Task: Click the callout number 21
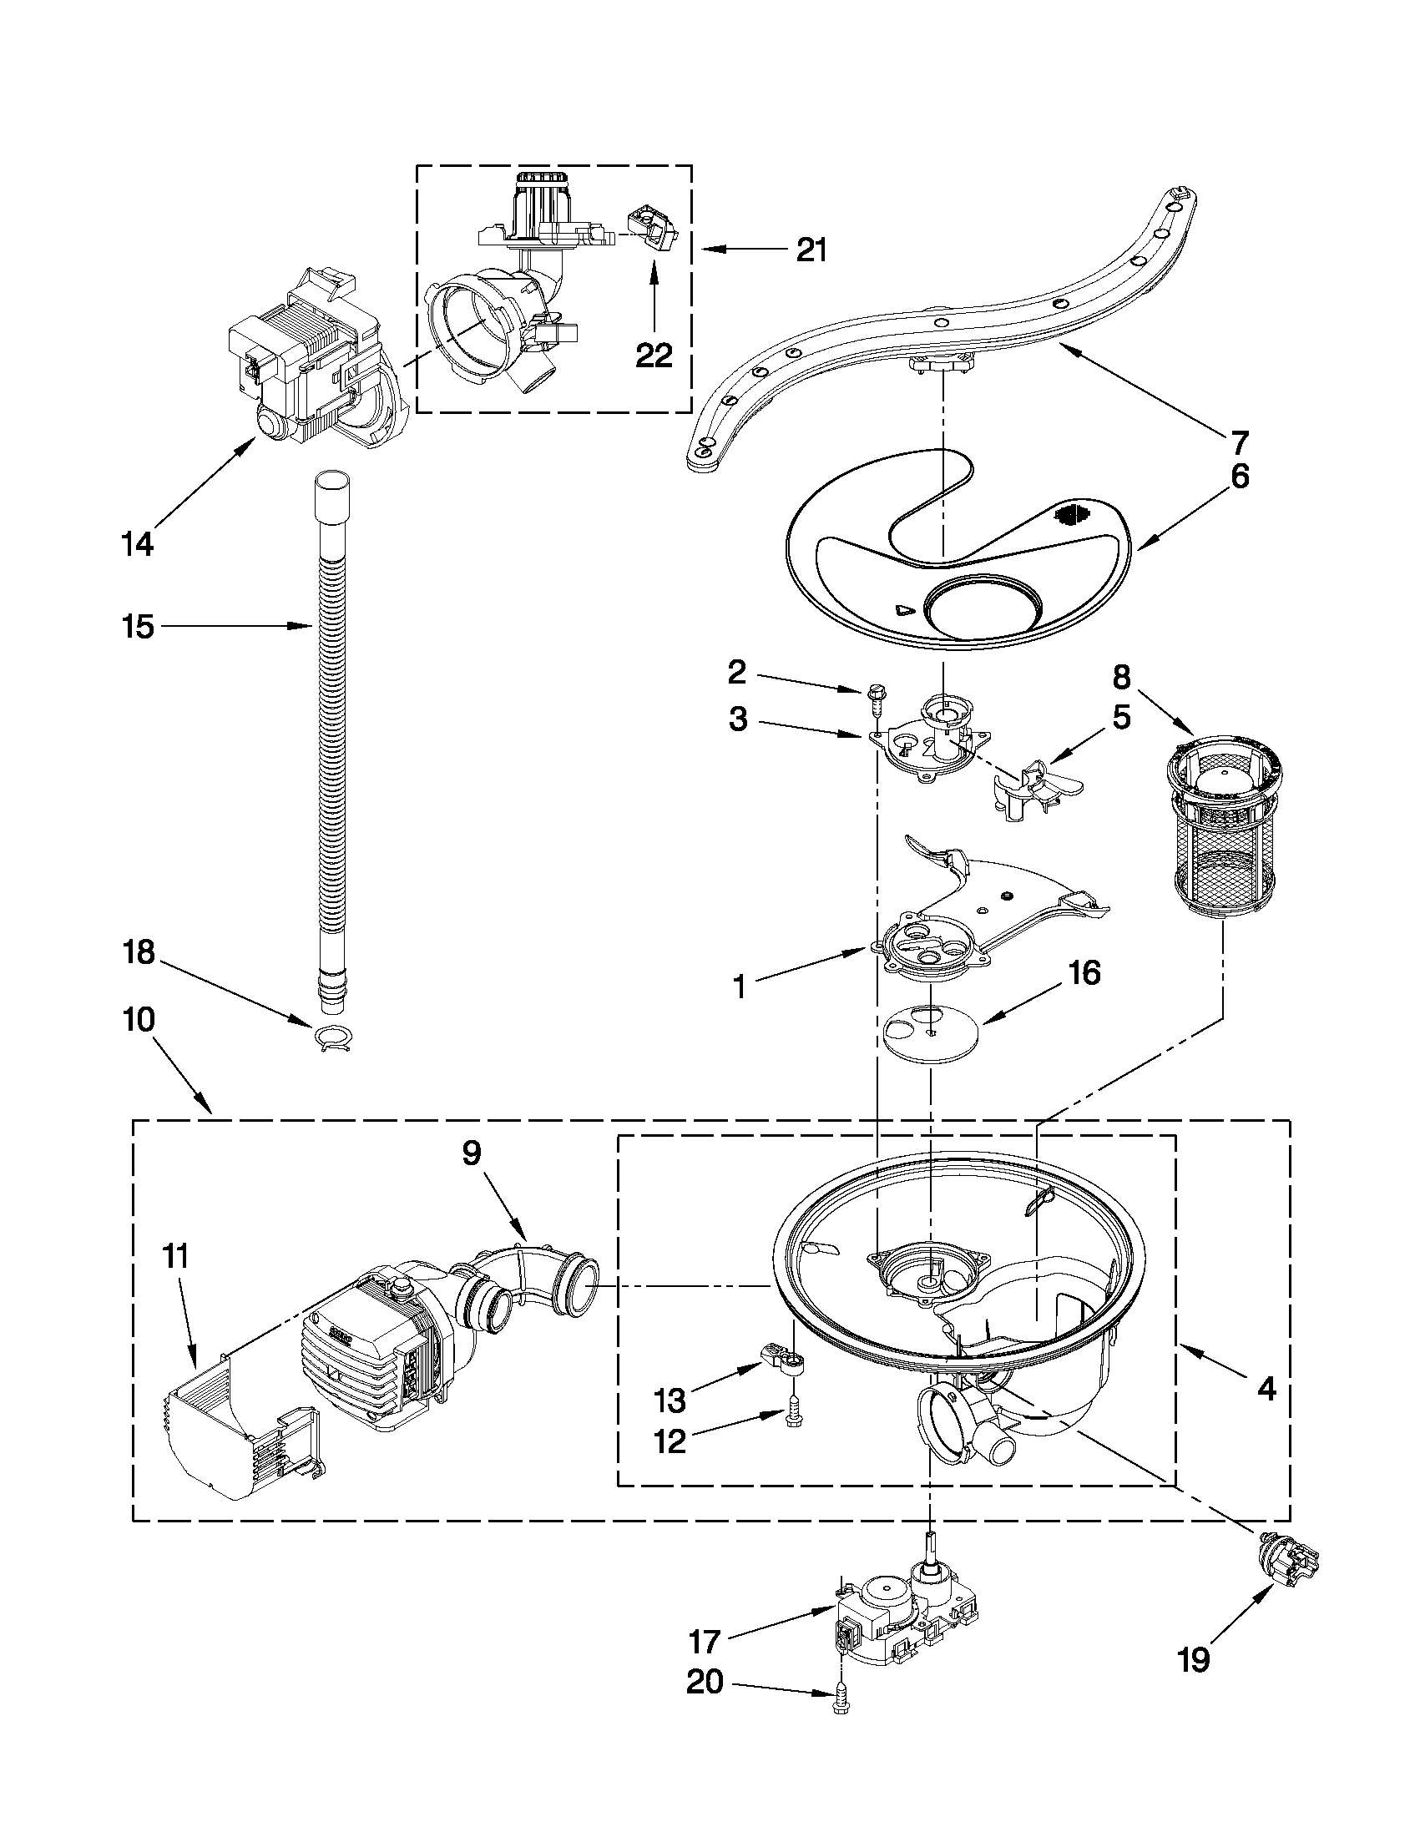click(x=811, y=250)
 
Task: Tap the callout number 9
click(x=471, y=1153)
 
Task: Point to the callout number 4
click(x=1266, y=1389)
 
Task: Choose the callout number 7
click(x=1240, y=442)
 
